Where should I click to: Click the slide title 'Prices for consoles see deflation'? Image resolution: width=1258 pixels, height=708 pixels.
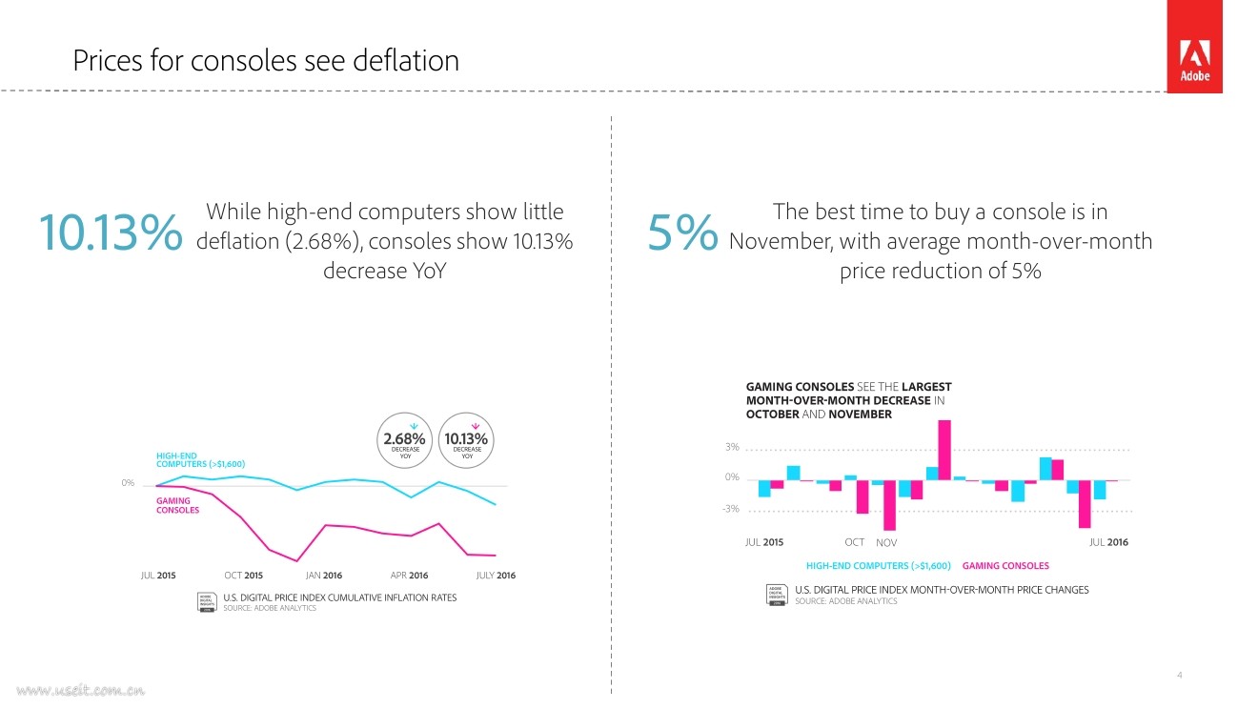point(266,61)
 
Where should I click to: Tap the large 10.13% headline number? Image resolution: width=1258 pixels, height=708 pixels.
point(110,234)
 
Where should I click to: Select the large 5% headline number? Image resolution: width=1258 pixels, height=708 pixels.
point(681,234)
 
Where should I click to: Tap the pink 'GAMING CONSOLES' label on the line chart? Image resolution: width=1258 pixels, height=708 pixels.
point(177,505)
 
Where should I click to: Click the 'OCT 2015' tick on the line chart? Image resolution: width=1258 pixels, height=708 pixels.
point(243,576)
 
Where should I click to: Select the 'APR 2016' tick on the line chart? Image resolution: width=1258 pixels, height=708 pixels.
point(409,576)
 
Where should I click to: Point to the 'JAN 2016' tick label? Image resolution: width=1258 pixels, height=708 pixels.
point(324,576)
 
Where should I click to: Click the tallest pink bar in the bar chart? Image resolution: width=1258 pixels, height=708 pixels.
point(944,450)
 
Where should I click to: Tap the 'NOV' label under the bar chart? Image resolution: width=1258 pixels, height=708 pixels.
point(886,543)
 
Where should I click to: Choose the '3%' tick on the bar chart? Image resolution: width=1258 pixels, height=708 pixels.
point(732,447)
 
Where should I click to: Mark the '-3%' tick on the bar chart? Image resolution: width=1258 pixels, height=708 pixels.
point(730,509)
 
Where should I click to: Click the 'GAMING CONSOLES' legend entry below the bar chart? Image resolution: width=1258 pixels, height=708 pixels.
point(1005,566)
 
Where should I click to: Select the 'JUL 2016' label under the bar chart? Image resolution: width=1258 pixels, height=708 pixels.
point(1108,542)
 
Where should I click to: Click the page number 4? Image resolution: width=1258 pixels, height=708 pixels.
point(1180,676)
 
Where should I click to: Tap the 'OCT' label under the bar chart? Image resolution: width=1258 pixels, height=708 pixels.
point(854,542)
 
